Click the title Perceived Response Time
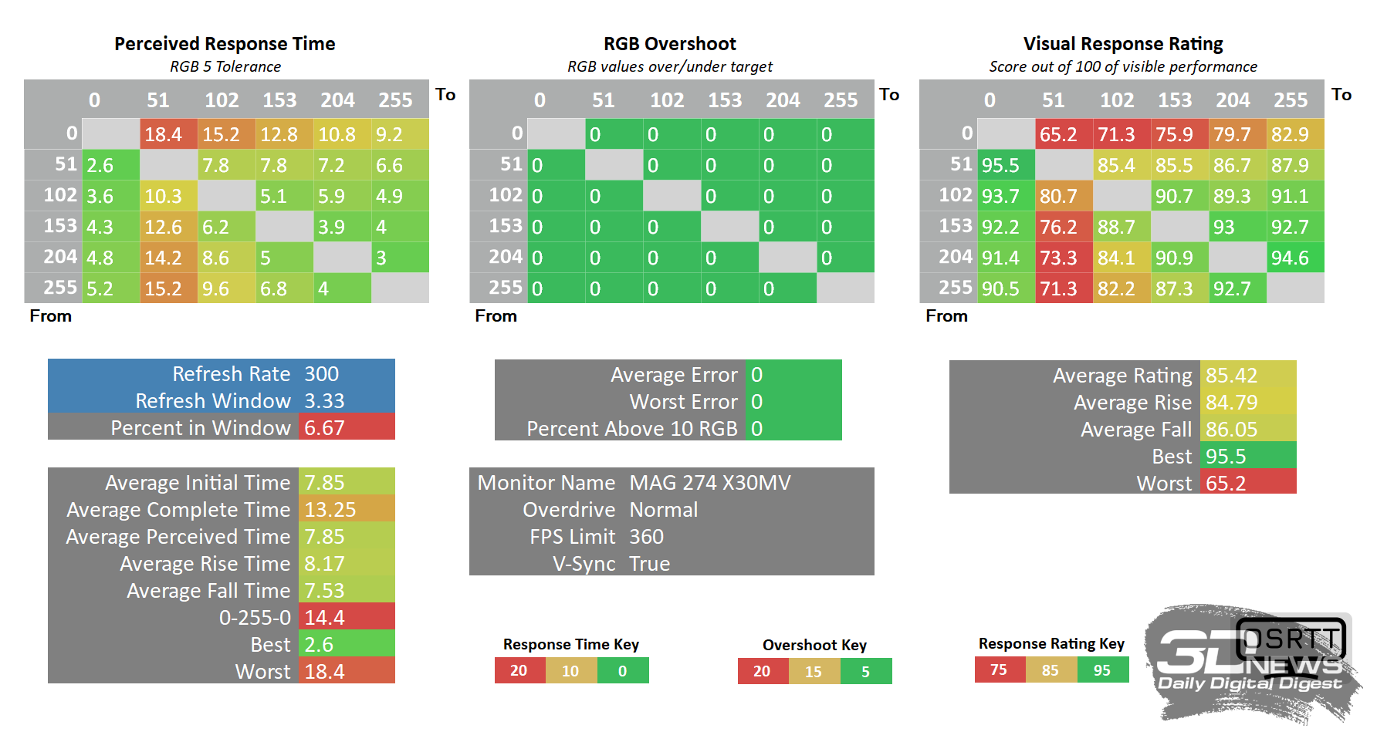coord(225,44)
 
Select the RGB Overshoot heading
coord(669,44)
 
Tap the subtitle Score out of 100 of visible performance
coord(1123,67)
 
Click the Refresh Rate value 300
coord(322,374)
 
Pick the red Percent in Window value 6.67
coord(325,428)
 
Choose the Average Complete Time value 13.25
coord(330,510)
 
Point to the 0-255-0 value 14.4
coord(325,618)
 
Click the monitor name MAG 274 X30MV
coord(710,483)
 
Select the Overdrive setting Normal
coord(664,510)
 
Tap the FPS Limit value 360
coord(647,537)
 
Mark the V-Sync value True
coord(650,564)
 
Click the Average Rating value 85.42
coord(1232,376)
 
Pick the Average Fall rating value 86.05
coord(1232,430)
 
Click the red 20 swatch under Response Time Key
coord(519,671)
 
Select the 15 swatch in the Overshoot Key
coord(814,672)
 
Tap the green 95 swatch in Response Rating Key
coord(1102,670)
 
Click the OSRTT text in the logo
coord(1291,639)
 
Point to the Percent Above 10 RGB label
coord(632,429)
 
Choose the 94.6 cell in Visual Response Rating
coord(1290,258)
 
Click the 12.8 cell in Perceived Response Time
coord(279,134)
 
